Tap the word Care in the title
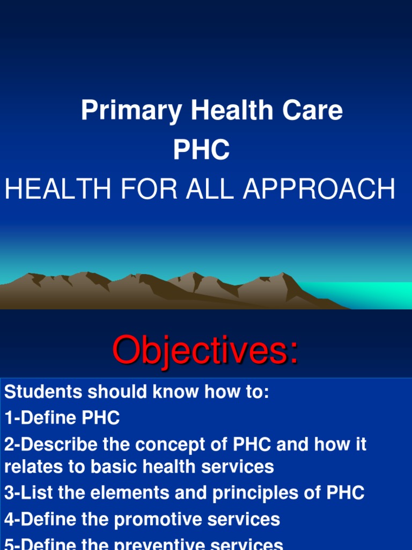click(x=313, y=111)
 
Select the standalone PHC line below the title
click(x=201, y=150)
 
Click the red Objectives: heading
click(x=205, y=350)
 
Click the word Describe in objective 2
click(x=57, y=445)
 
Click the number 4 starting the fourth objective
click(x=9, y=519)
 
